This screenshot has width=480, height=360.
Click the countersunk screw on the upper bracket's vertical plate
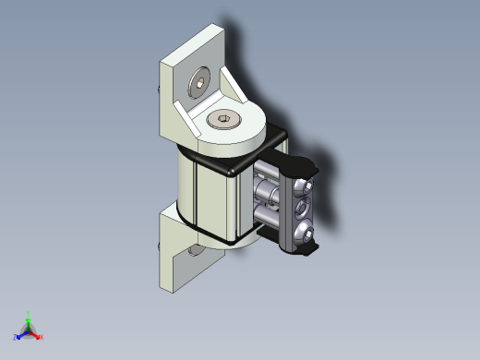[198, 85]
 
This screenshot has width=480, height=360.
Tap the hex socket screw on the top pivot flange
[224, 119]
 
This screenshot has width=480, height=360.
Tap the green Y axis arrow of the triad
[29, 319]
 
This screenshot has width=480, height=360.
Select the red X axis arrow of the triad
[36, 335]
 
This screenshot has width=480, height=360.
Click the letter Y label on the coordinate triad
[29, 313]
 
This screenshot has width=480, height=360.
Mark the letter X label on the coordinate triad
[42, 338]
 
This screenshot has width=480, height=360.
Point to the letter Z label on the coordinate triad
[15, 339]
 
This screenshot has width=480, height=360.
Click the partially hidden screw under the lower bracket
[196, 251]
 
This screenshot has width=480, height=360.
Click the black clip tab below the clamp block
[309, 249]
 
